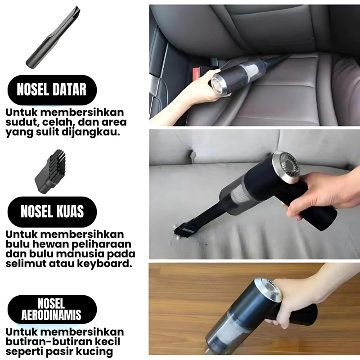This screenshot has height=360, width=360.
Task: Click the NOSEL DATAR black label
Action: (52, 90)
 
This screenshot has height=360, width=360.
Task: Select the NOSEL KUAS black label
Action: (52, 211)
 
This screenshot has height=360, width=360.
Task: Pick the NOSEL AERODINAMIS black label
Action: (52, 309)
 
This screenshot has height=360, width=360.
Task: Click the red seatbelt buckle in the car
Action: (197, 73)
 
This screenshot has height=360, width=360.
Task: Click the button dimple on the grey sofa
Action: (193, 156)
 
